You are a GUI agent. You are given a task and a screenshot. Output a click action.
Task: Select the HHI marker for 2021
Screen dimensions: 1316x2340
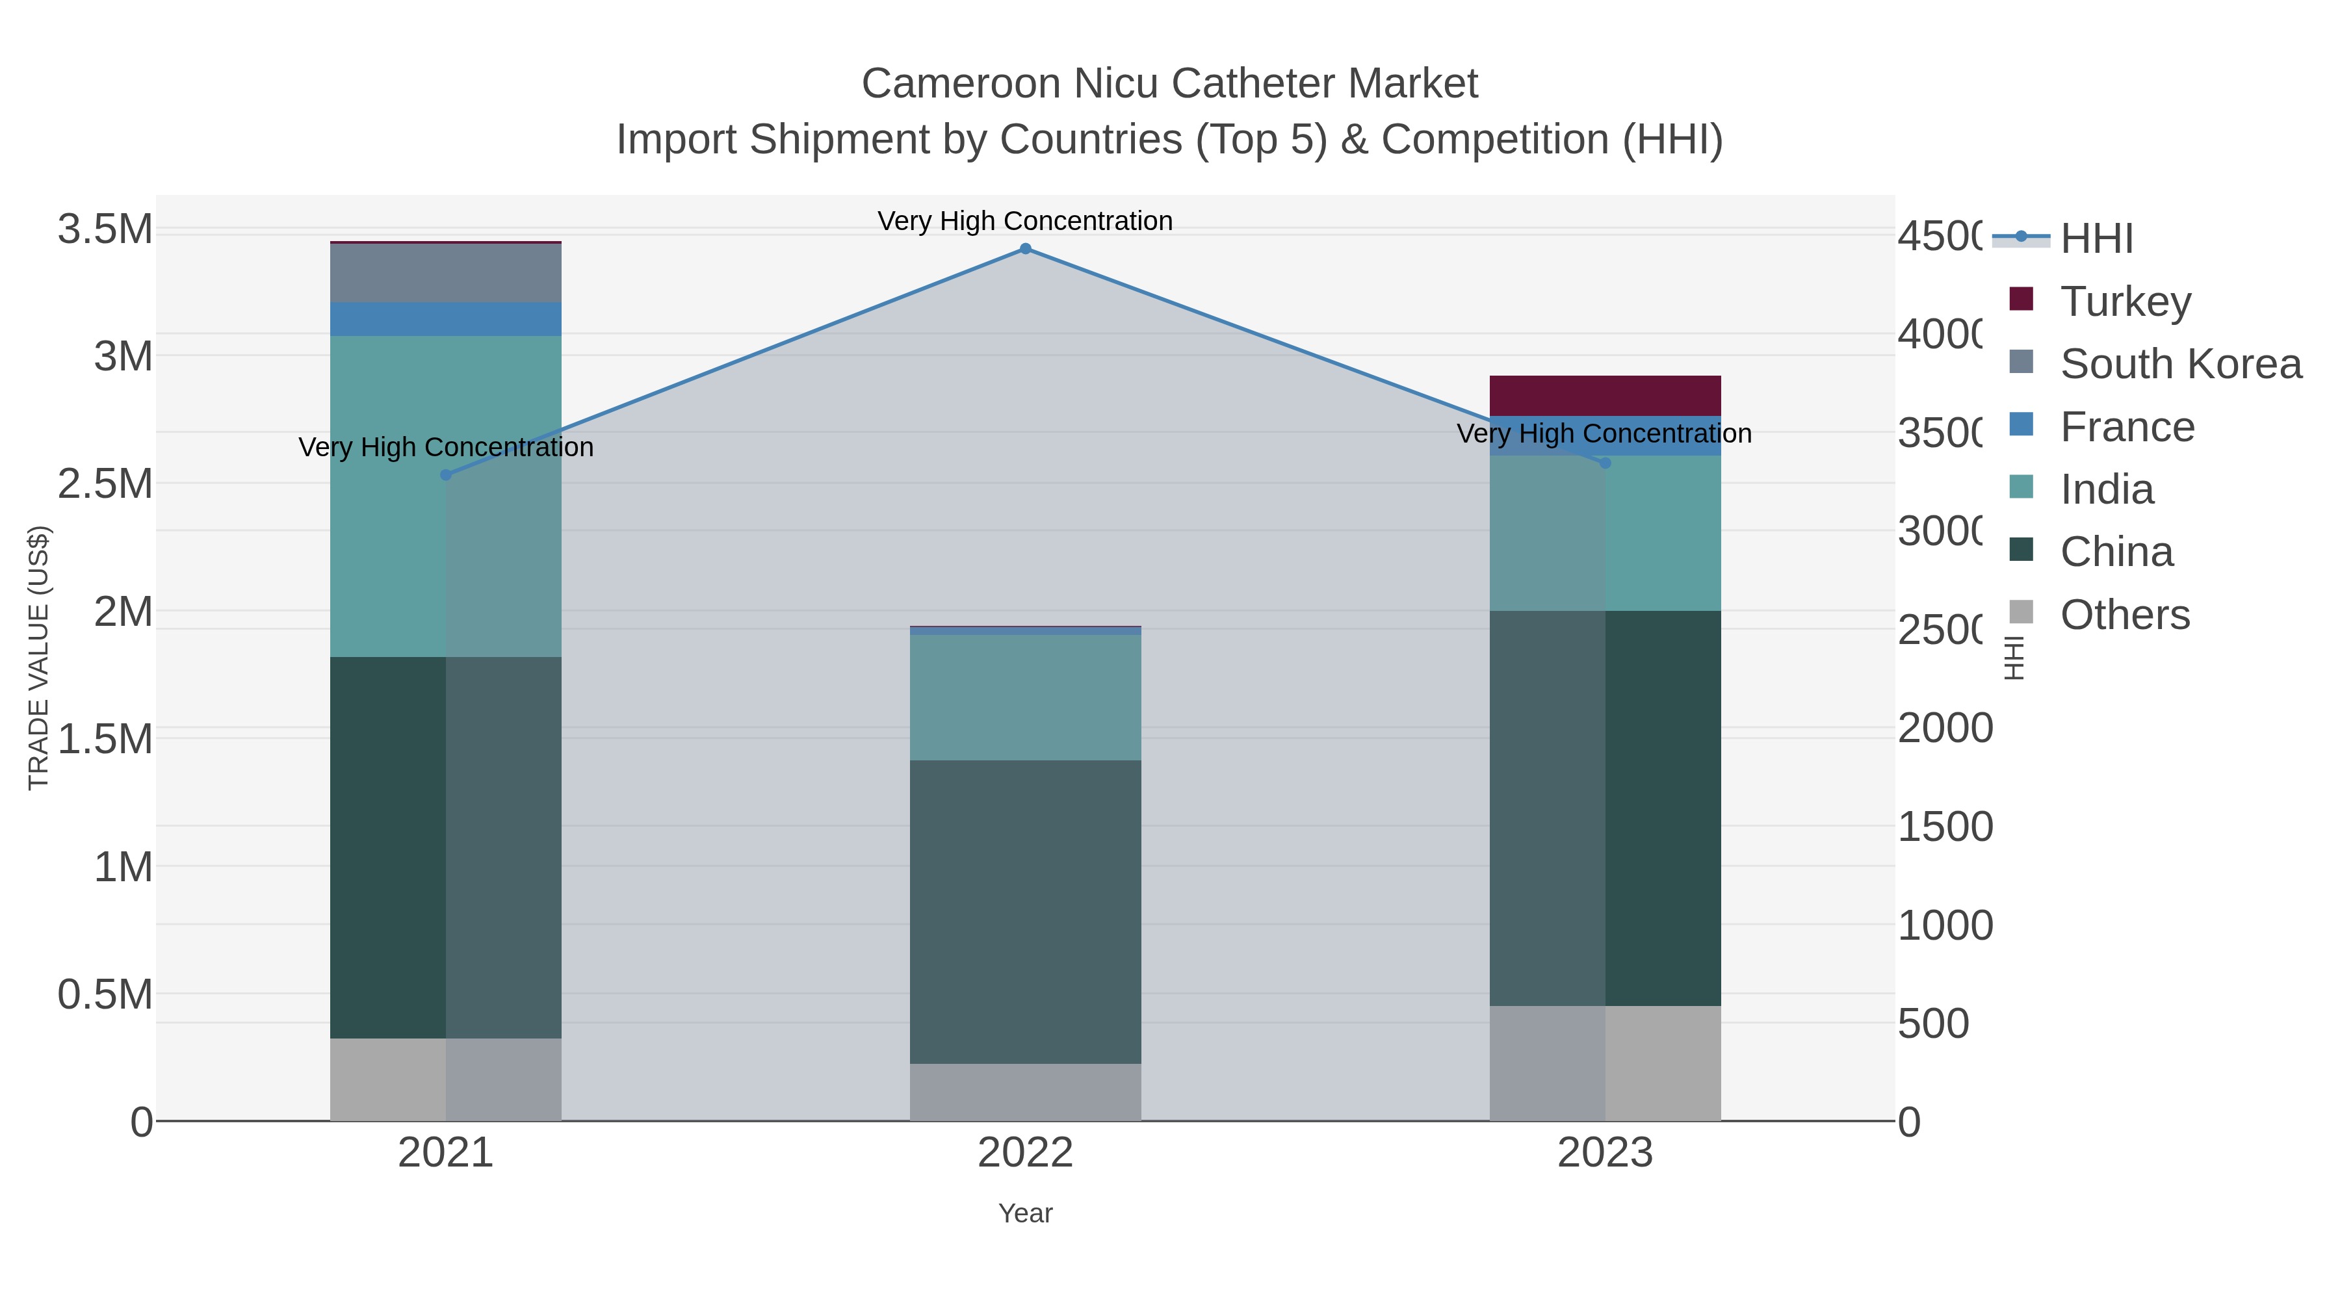446,475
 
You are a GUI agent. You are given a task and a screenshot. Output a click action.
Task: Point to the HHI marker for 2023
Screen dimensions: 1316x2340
1605,463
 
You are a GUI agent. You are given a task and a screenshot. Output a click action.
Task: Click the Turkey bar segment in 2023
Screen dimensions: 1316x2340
1605,396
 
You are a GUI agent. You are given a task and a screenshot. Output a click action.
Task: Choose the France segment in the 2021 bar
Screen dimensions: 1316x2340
446,320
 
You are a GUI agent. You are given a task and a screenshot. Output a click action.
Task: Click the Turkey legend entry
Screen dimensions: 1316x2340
2125,302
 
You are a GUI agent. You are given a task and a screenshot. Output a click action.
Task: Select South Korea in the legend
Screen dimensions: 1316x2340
2180,364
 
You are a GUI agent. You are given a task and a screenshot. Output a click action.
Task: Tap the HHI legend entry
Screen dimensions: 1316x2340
2096,239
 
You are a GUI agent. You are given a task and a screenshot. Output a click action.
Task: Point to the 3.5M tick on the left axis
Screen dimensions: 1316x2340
105,229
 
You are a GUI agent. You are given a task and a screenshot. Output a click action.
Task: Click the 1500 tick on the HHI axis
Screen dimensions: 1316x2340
1945,827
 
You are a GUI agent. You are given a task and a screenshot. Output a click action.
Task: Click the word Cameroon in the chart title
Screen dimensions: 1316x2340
961,84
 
